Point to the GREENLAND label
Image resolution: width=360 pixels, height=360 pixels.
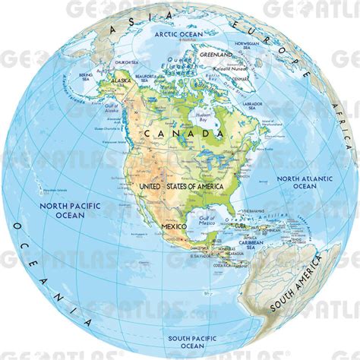click(217, 55)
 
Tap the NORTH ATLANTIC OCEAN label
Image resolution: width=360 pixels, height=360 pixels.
click(295, 182)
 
